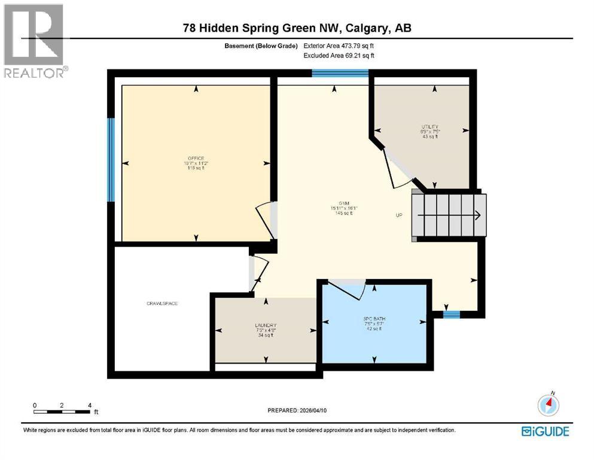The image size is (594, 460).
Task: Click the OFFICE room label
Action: click(196, 158)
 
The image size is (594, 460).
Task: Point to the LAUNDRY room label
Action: click(265, 326)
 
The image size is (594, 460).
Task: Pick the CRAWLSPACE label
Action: click(162, 304)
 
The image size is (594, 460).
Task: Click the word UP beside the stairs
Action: click(399, 215)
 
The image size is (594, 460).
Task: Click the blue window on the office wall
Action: click(111, 159)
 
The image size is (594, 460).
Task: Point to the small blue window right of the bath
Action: click(452, 313)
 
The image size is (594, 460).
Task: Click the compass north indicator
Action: click(549, 405)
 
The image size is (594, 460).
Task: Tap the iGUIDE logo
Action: click(545, 431)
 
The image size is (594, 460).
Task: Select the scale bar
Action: click(62, 411)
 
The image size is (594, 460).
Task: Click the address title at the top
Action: click(297, 28)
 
